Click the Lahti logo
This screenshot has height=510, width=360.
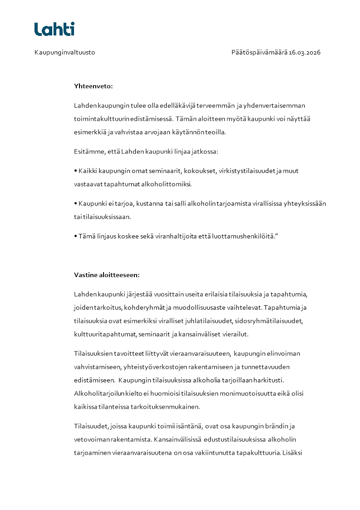(x=54, y=29)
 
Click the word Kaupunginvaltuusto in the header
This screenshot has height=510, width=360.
(x=64, y=52)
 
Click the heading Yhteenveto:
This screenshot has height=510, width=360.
(x=94, y=85)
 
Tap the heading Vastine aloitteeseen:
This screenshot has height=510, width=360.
(x=107, y=275)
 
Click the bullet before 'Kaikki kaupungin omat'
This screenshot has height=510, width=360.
(x=75, y=171)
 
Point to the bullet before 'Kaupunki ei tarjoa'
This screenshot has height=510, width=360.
(x=75, y=204)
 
